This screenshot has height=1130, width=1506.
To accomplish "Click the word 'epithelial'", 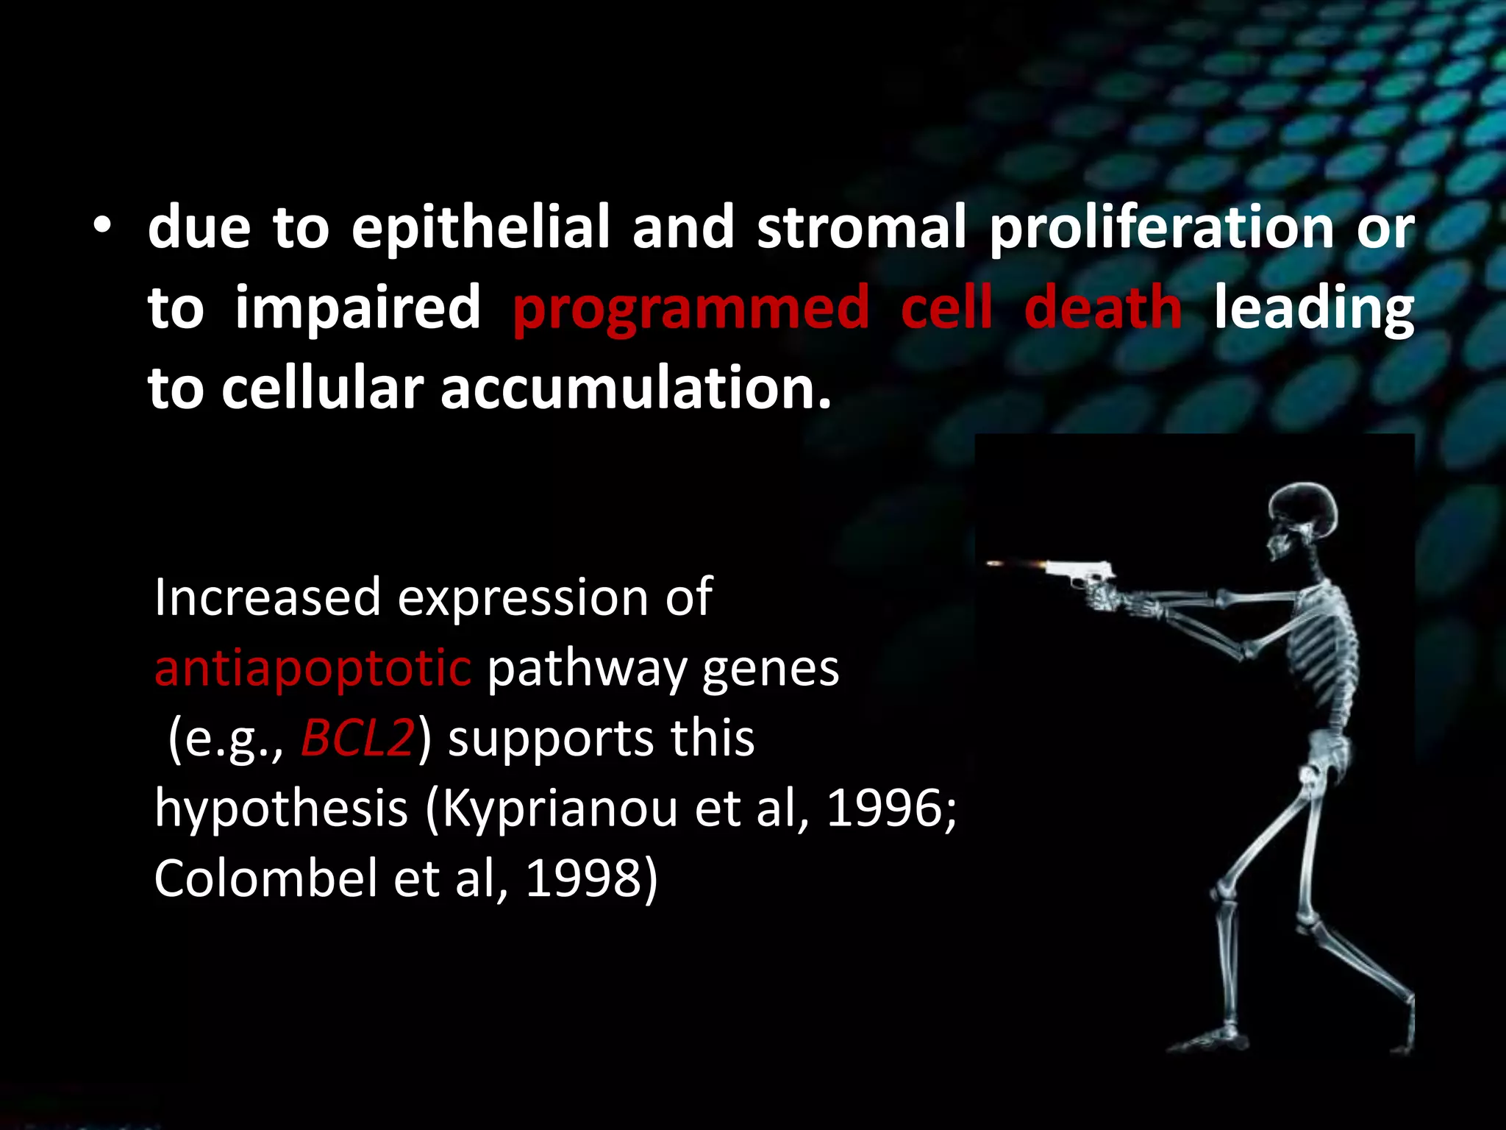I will click(480, 227).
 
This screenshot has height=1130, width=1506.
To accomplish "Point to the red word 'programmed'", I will click(690, 309).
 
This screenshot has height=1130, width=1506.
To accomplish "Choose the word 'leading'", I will click(1313, 309).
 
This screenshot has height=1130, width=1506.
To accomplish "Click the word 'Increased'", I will click(268, 597).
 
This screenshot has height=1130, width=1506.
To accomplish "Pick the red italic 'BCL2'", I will click(358, 738).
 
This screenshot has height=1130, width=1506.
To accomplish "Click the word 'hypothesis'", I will click(281, 809).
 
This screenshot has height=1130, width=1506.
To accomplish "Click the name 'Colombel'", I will click(265, 878).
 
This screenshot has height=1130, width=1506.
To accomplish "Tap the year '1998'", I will click(584, 878).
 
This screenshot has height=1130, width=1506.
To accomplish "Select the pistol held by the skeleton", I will click(1081, 574).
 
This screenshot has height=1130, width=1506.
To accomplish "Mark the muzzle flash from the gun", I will click(1015, 564).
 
